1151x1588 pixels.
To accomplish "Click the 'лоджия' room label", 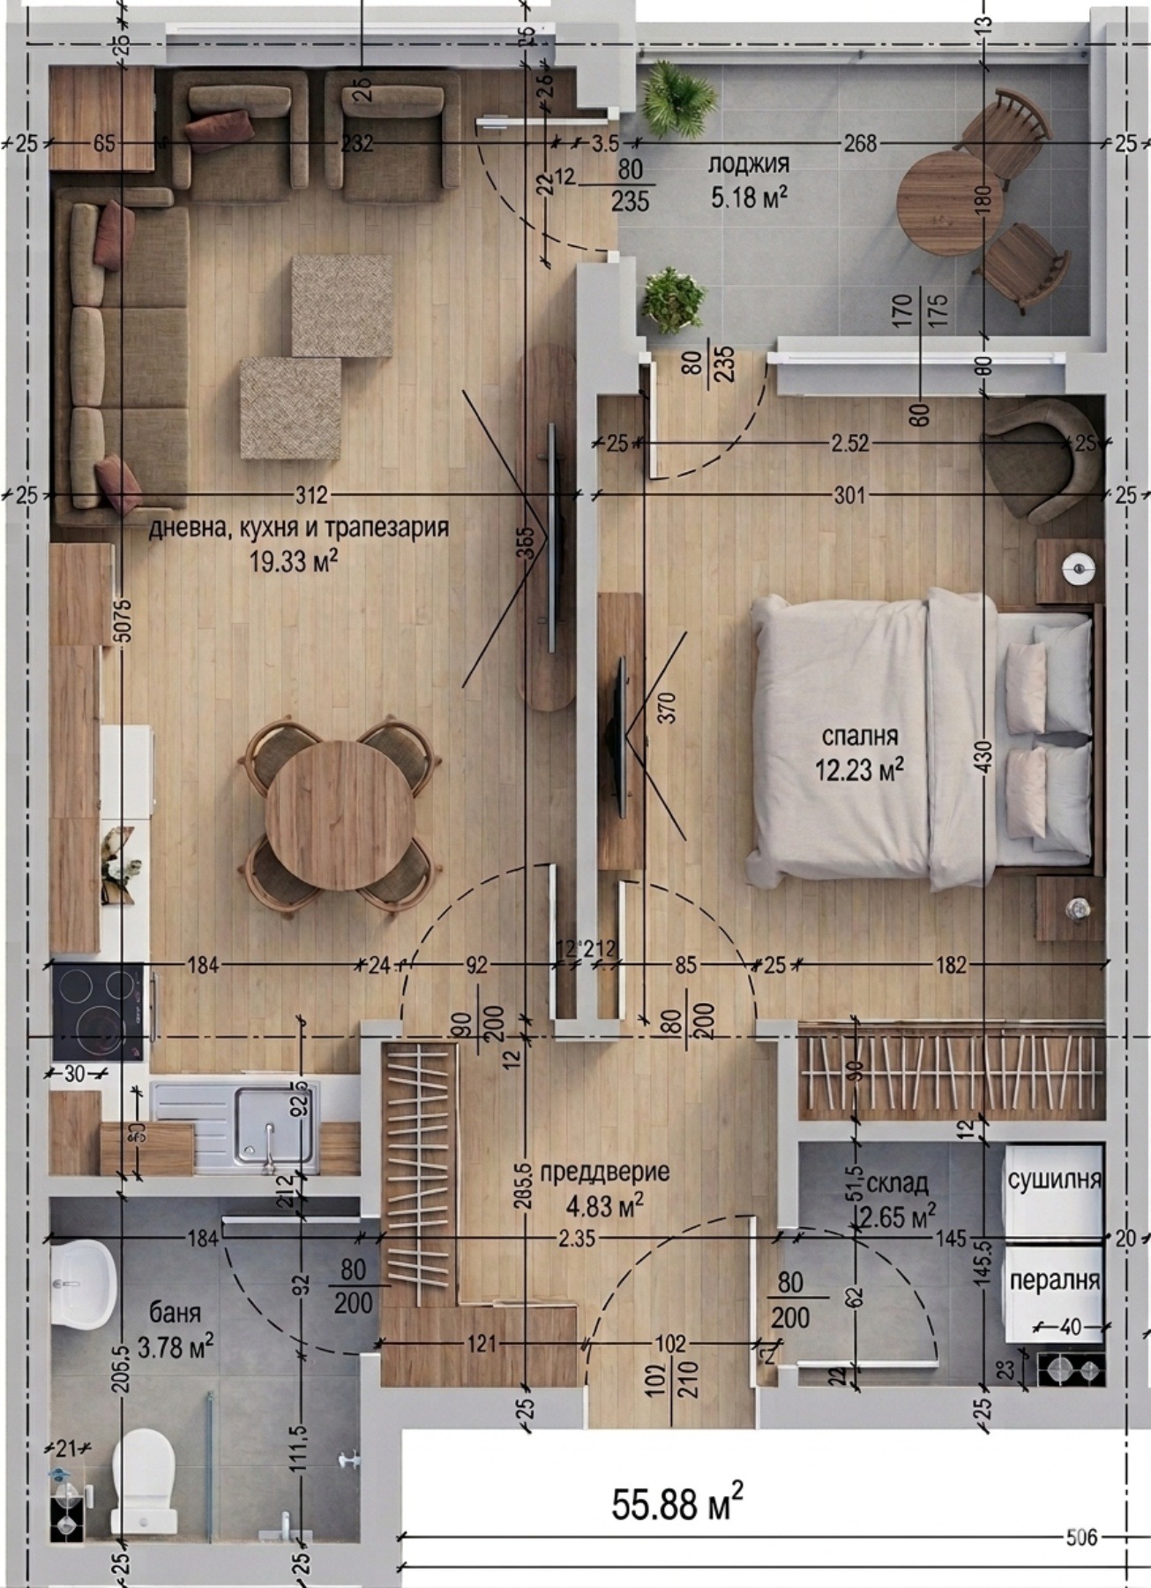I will pyautogui.click(x=748, y=164).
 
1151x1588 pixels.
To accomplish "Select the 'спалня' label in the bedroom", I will pyautogui.click(x=859, y=736).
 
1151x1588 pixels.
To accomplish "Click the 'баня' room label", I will pyautogui.click(x=176, y=1312).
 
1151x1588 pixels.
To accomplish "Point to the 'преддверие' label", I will pyautogui.click(x=604, y=1172).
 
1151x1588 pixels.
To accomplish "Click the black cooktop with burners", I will pyautogui.click(x=98, y=1010).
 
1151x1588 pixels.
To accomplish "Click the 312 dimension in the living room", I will pyautogui.click(x=311, y=495).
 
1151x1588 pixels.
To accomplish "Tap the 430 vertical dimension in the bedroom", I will pyautogui.click(x=984, y=757).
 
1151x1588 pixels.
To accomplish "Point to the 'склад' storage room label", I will pyautogui.click(x=897, y=1182).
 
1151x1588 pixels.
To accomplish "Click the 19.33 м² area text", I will pyautogui.click(x=295, y=563).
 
